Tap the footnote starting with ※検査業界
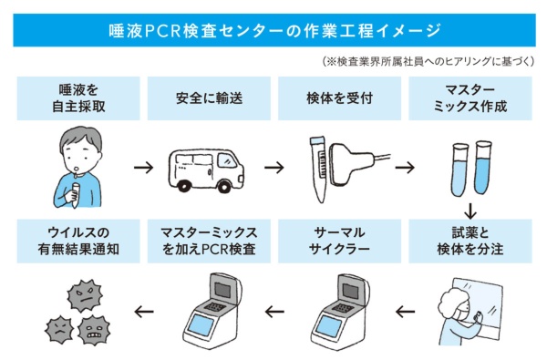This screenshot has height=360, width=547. (x=428, y=61)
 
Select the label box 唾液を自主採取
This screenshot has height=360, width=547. (x=78, y=98)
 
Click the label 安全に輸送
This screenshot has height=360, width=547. (x=209, y=98)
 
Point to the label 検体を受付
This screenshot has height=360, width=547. (x=339, y=98)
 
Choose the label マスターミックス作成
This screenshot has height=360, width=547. (x=470, y=98)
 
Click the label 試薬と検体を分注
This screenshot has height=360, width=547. (x=470, y=241)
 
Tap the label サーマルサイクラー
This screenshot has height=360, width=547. (x=339, y=241)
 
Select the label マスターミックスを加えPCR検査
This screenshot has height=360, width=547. (x=209, y=241)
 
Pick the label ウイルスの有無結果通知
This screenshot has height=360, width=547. (x=78, y=241)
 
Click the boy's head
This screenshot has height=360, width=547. (x=80, y=149)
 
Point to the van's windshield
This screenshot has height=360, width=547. (x=227, y=160)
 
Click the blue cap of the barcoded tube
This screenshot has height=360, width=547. (x=317, y=140)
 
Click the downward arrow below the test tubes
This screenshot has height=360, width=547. (x=470, y=211)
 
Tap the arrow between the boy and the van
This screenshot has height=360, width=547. (x=144, y=168)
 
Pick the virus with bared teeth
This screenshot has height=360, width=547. (x=94, y=330)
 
